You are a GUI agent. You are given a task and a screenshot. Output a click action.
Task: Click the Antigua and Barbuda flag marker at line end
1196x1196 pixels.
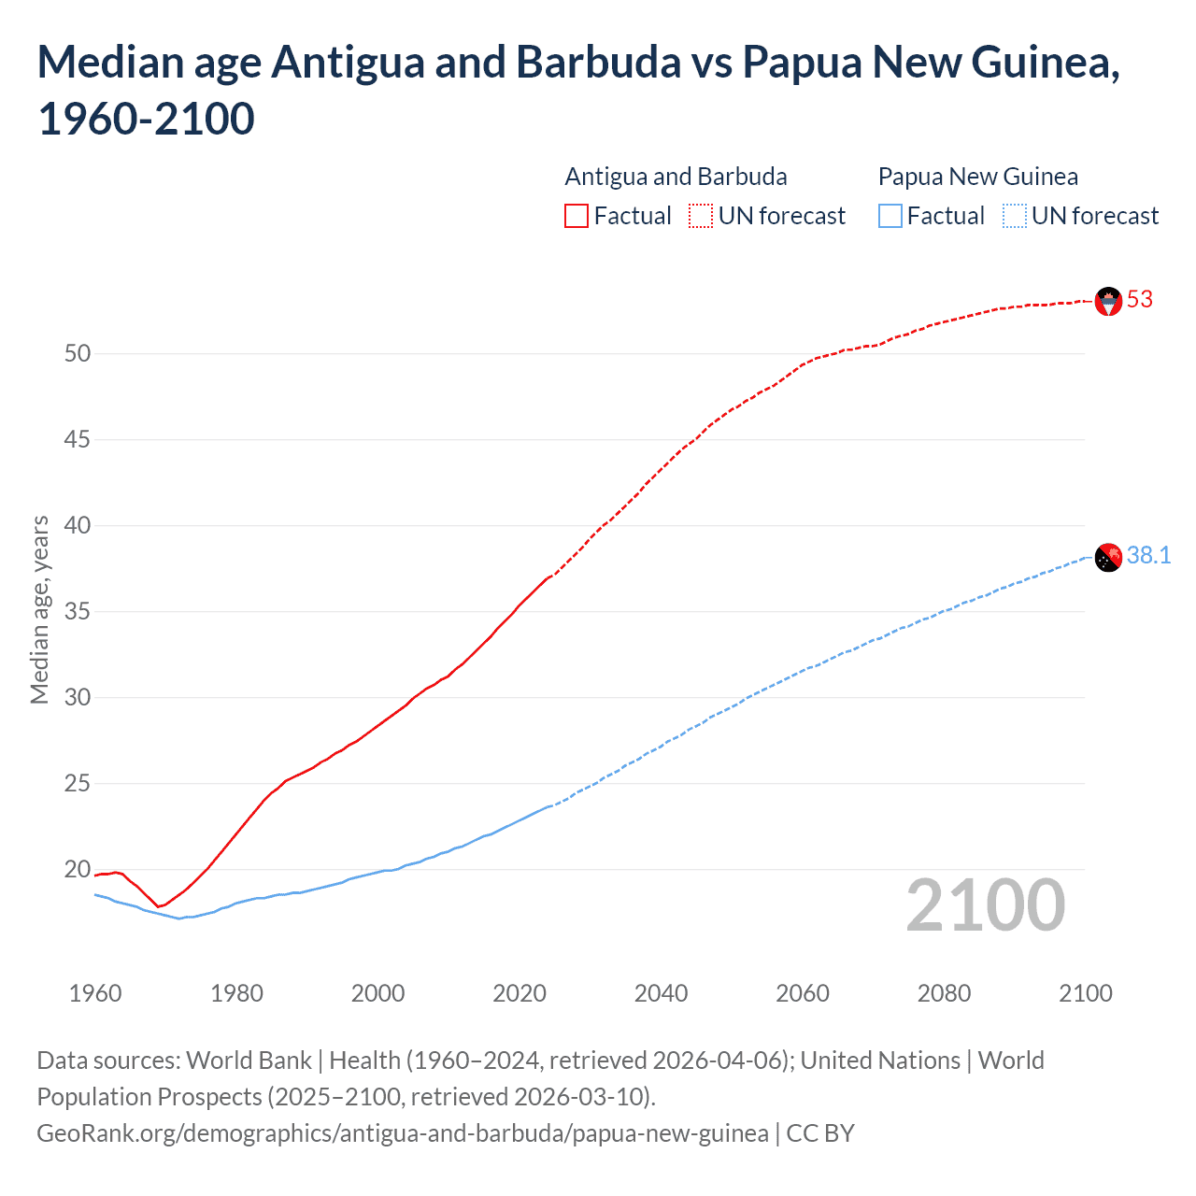(x=1108, y=301)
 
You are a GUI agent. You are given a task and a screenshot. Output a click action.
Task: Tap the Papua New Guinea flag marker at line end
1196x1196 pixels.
(x=1108, y=557)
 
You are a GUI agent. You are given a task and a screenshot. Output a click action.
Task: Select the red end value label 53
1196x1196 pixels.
(x=1140, y=300)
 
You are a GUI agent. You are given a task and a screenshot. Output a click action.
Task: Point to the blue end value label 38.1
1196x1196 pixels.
(x=1148, y=556)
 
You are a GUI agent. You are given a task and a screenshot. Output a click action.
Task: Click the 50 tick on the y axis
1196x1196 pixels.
(x=78, y=354)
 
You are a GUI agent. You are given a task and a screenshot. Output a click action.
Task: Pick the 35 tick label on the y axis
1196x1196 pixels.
(x=78, y=612)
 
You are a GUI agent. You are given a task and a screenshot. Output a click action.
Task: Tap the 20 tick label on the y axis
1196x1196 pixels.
(x=78, y=870)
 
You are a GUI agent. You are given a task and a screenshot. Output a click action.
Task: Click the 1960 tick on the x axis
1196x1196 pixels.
(x=95, y=993)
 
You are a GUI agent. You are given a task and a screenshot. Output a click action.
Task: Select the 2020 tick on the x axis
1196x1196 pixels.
(x=520, y=993)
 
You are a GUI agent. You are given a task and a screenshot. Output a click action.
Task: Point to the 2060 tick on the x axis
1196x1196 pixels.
(x=803, y=993)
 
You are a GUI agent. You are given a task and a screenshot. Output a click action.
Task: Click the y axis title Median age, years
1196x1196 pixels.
(x=39, y=609)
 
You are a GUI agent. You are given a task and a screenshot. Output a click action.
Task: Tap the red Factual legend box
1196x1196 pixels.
(x=577, y=217)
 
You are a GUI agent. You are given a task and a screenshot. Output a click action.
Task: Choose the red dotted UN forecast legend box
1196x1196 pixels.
(x=701, y=217)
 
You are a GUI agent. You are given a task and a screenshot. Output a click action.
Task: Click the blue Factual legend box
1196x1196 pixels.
(x=890, y=217)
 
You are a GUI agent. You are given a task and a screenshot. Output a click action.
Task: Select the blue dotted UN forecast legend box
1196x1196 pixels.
(x=1015, y=217)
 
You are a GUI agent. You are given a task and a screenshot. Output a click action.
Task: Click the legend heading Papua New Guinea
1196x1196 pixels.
(x=977, y=177)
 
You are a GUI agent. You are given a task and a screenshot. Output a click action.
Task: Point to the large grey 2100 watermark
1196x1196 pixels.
(x=985, y=905)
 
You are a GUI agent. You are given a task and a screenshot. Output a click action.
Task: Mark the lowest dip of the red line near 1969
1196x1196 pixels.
(x=159, y=906)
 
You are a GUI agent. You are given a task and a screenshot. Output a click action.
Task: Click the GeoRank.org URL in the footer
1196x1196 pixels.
(x=402, y=1133)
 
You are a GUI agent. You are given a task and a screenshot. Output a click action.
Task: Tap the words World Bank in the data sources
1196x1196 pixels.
(x=249, y=1061)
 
